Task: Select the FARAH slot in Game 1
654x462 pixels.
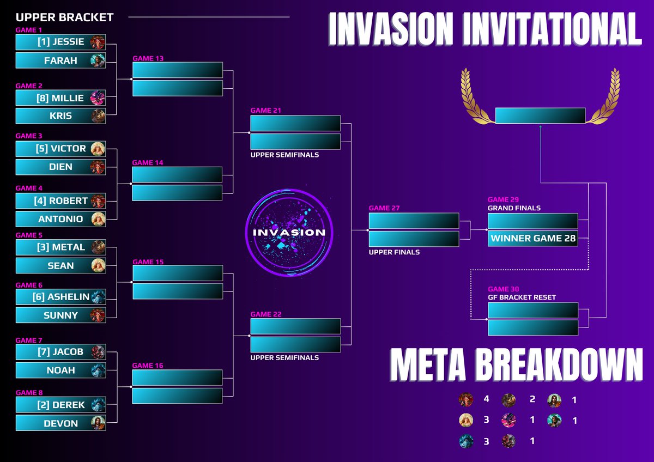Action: click(60, 60)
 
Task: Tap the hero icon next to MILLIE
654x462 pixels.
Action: click(98, 98)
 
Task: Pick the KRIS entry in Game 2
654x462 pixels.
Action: click(60, 116)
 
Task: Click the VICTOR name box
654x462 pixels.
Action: click(60, 149)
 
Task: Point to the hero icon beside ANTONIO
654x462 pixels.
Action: click(98, 219)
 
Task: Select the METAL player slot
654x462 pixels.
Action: click(60, 247)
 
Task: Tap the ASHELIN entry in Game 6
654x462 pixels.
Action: click(60, 297)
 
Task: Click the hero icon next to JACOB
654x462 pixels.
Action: click(98, 352)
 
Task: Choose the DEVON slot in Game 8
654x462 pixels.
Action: click(60, 423)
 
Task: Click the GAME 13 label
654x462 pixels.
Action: click(148, 58)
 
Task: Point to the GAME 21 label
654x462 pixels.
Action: click(266, 111)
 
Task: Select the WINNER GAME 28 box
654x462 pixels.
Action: click(532, 239)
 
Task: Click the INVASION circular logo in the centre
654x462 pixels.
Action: click(289, 232)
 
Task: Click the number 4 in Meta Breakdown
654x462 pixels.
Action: click(486, 399)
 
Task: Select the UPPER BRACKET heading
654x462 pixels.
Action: click(64, 17)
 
